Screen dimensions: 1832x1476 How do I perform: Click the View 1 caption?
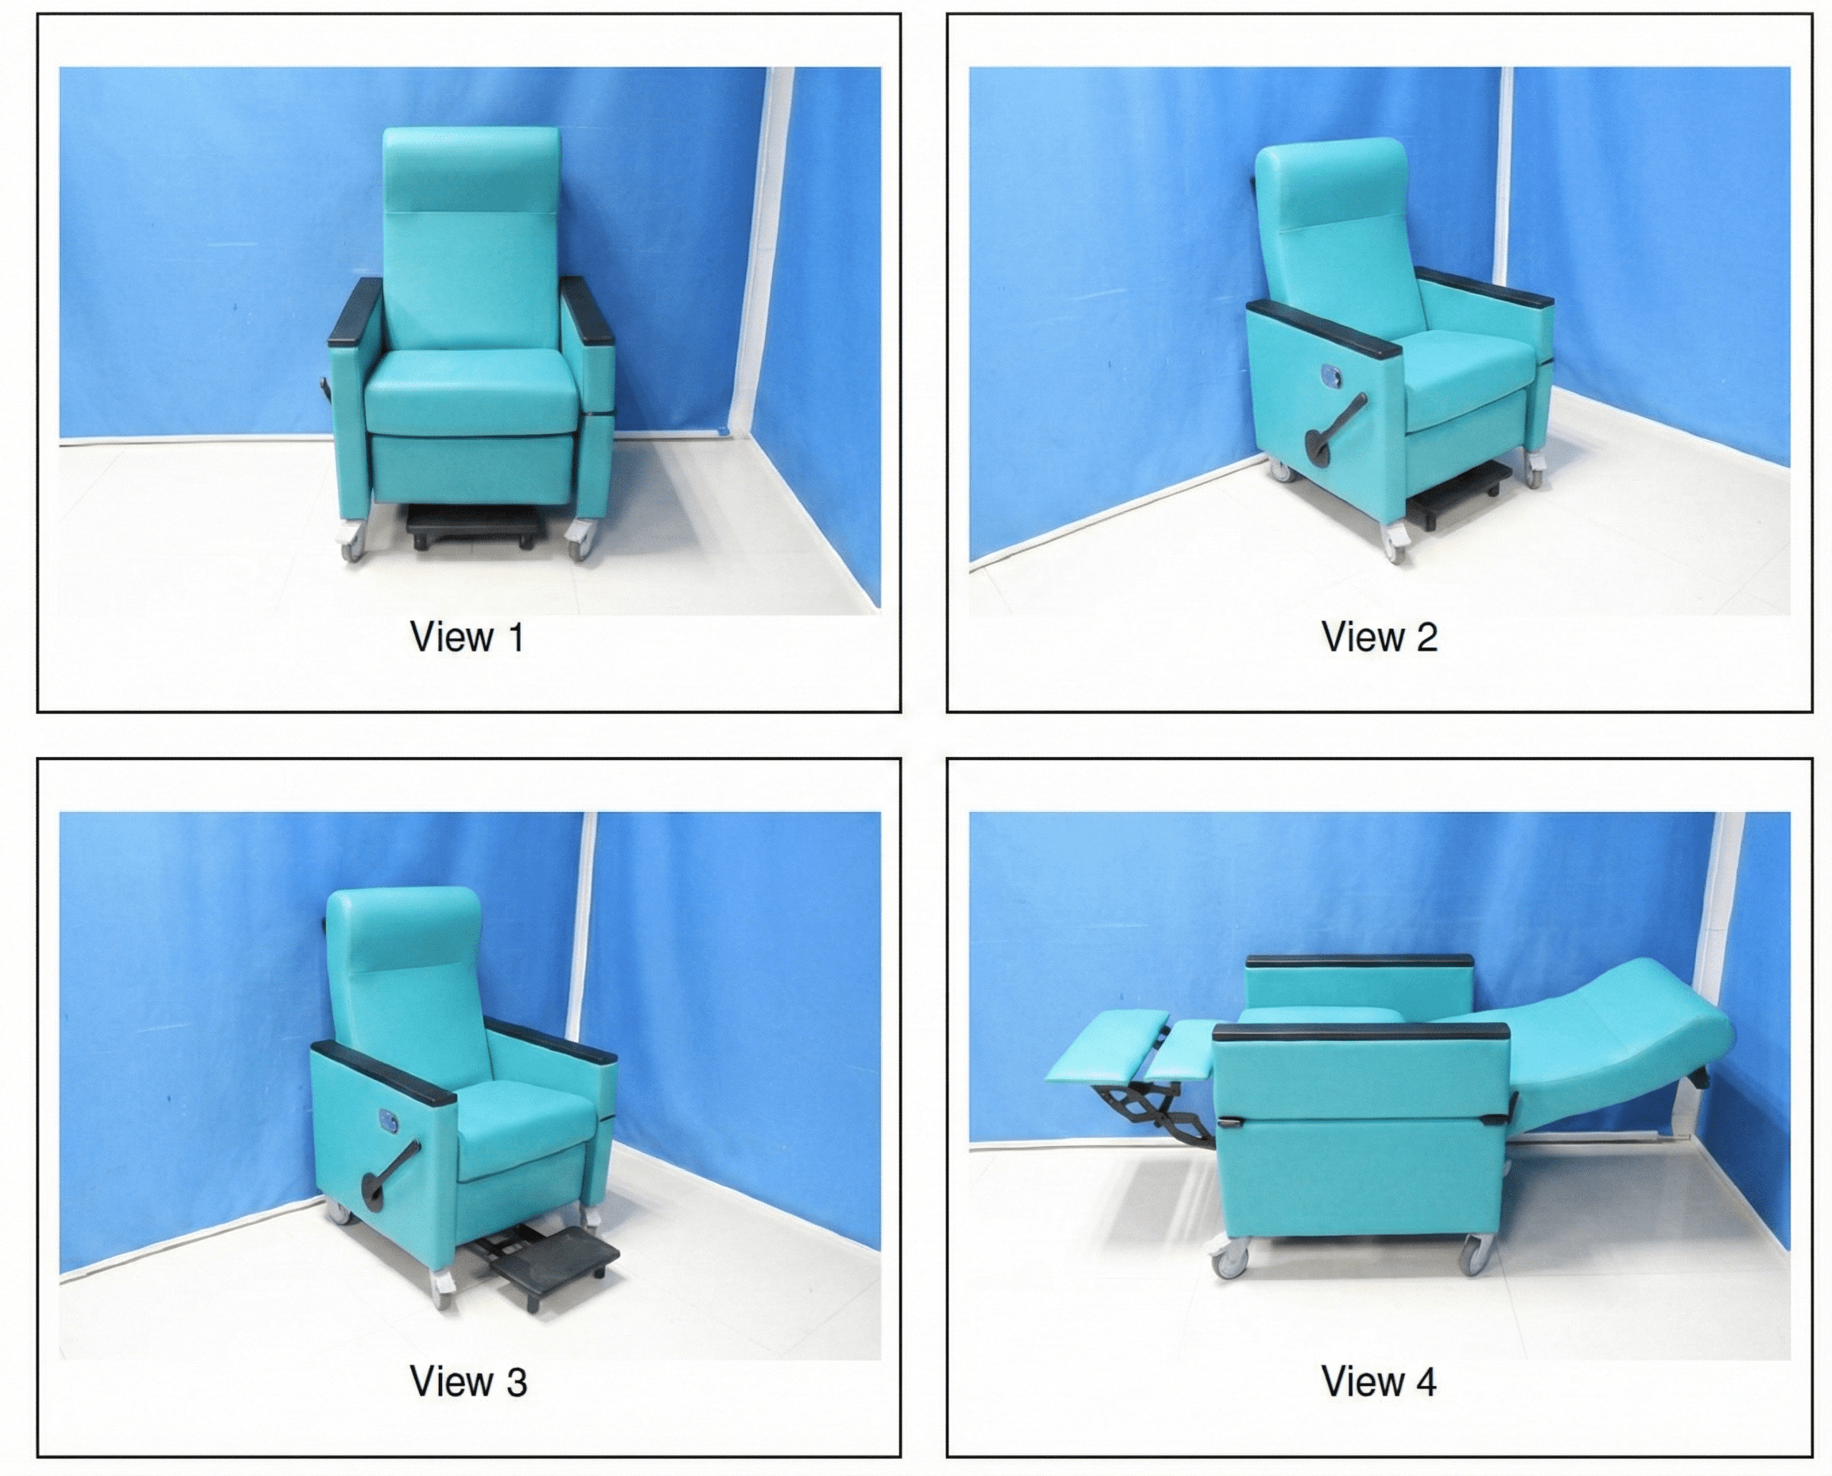coord(467,638)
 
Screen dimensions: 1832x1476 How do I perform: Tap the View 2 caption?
coord(1379,638)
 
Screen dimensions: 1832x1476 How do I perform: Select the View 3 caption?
coord(468,1381)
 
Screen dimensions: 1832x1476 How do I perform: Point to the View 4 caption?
coord(1379,1381)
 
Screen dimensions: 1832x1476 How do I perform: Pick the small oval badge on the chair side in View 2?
coord(1329,374)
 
